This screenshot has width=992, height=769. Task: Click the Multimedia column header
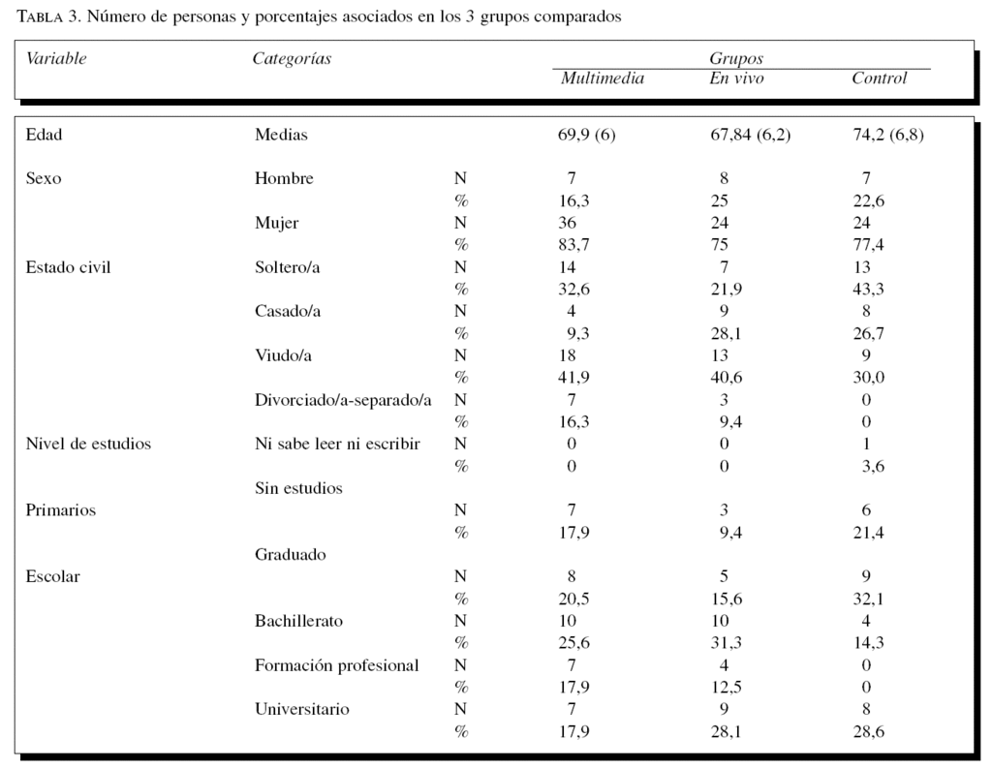click(602, 78)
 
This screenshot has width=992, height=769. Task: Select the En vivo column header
click(736, 78)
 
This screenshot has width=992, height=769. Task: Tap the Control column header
click(879, 78)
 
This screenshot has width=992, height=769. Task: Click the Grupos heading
click(736, 59)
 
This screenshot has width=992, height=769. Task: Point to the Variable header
click(56, 58)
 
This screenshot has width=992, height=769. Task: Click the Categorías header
click(292, 58)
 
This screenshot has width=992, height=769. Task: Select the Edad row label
click(44, 135)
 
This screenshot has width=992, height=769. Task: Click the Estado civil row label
click(68, 266)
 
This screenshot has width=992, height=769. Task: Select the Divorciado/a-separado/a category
click(343, 399)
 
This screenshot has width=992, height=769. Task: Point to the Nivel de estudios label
click(88, 444)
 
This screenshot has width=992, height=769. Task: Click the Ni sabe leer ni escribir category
click(337, 444)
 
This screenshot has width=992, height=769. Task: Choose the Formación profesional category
click(337, 665)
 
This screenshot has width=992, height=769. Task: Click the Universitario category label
click(302, 709)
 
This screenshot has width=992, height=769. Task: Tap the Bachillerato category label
click(298, 621)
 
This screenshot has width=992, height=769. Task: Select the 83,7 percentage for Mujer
click(573, 245)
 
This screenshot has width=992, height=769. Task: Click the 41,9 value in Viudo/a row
click(573, 378)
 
